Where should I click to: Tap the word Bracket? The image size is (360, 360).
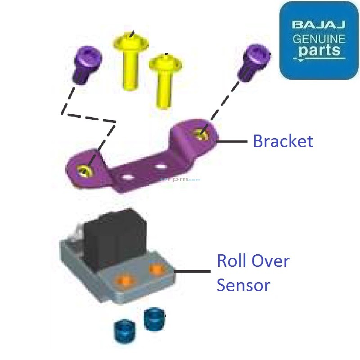click(283, 141)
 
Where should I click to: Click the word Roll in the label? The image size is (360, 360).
click(231, 261)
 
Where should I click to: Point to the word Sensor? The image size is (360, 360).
click(243, 285)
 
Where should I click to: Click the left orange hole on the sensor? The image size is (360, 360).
click(125, 279)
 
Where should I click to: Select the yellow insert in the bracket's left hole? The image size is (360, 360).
click(84, 170)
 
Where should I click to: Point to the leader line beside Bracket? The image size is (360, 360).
click(233, 141)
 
